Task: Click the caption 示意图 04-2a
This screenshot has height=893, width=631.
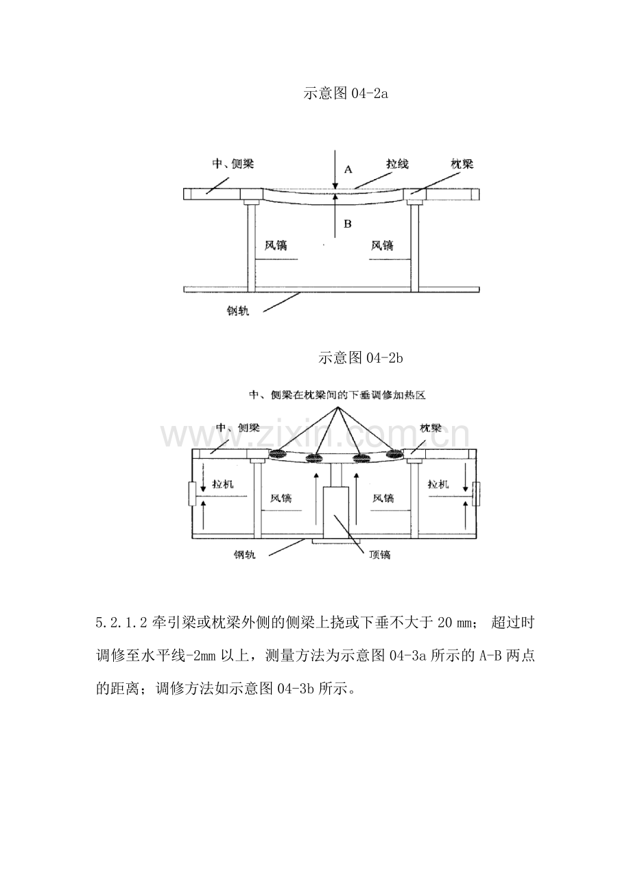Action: (346, 94)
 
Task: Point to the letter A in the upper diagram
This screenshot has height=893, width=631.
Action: (348, 169)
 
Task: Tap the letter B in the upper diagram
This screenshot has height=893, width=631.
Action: (347, 224)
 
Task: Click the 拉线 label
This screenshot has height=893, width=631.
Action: (397, 164)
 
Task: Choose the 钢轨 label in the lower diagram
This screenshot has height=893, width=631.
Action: (243, 555)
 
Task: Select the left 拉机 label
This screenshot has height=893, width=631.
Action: (224, 484)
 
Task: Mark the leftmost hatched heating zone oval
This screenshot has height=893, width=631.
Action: (278, 453)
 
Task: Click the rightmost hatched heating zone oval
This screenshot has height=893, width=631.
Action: (396, 453)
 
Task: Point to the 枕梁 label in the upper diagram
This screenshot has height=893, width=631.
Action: (461, 164)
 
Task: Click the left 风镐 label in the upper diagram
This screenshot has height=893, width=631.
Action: (275, 245)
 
